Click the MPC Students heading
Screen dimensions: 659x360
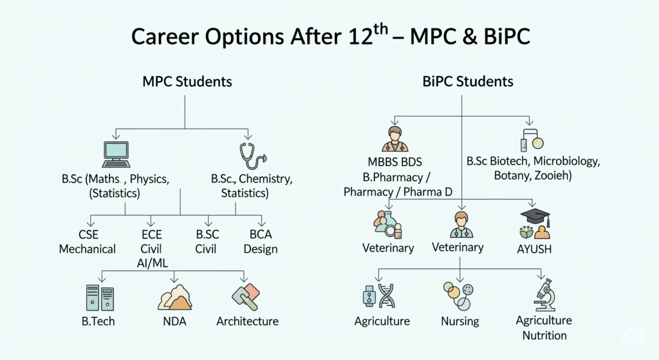pyautogui.click(x=187, y=81)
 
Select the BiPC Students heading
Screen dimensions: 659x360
pyautogui.click(x=468, y=81)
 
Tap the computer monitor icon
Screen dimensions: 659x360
pyautogui.click(x=116, y=155)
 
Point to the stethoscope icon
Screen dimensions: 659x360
pyautogui.click(x=252, y=156)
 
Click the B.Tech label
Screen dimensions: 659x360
pyautogui.click(x=98, y=321)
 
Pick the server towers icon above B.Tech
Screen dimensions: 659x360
pyautogui.click(x=100, y=298)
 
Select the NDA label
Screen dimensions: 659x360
pyautogui.click(x=174, y=321)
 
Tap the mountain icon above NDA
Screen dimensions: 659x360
pyautogui.click(x=175, y=298)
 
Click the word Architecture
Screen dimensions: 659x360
pyautogui.click(x=247, y=321)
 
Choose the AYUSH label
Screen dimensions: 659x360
pyautogui.click(x=534, y=249)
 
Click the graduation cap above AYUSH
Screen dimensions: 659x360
pyautogui.click(x=535, y=216)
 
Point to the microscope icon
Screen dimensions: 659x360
pyautogui.click(x=544, y=295)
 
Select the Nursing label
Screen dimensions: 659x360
pyautogui.click(x=459, y=321)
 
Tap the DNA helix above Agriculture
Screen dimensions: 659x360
pyautogui.click(x=387, y=296)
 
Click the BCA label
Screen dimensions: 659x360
pyautogui.click(x=261, y=234)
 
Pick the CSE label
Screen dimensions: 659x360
pyautogui.click(x=88, y=234)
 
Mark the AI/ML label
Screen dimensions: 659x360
pyautogui.click(x=152, y=263)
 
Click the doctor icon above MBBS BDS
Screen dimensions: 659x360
pyautogui.click(x=394, y=139)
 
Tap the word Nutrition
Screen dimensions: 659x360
pyautogui.click(x=544, y=336)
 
